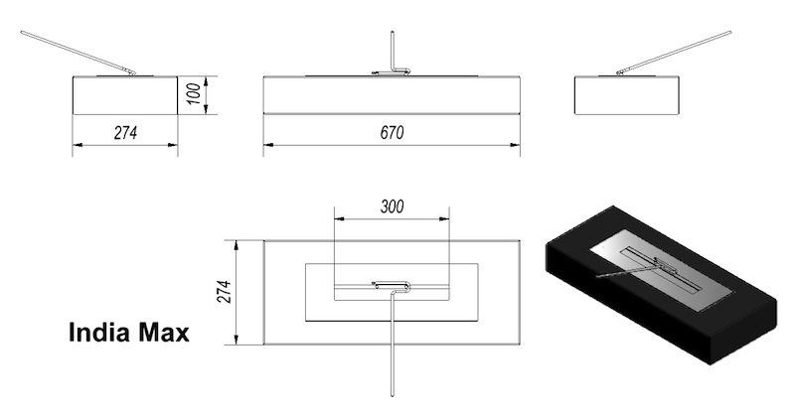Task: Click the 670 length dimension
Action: [392, 133]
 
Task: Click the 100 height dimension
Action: [194, 94]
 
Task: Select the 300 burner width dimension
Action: [392, 207]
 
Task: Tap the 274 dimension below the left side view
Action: [125, 133]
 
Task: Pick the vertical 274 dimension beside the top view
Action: [225, 292]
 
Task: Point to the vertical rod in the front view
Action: [392, 51]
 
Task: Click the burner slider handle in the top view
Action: [391, 286]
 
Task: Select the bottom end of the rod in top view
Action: [392, 395]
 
